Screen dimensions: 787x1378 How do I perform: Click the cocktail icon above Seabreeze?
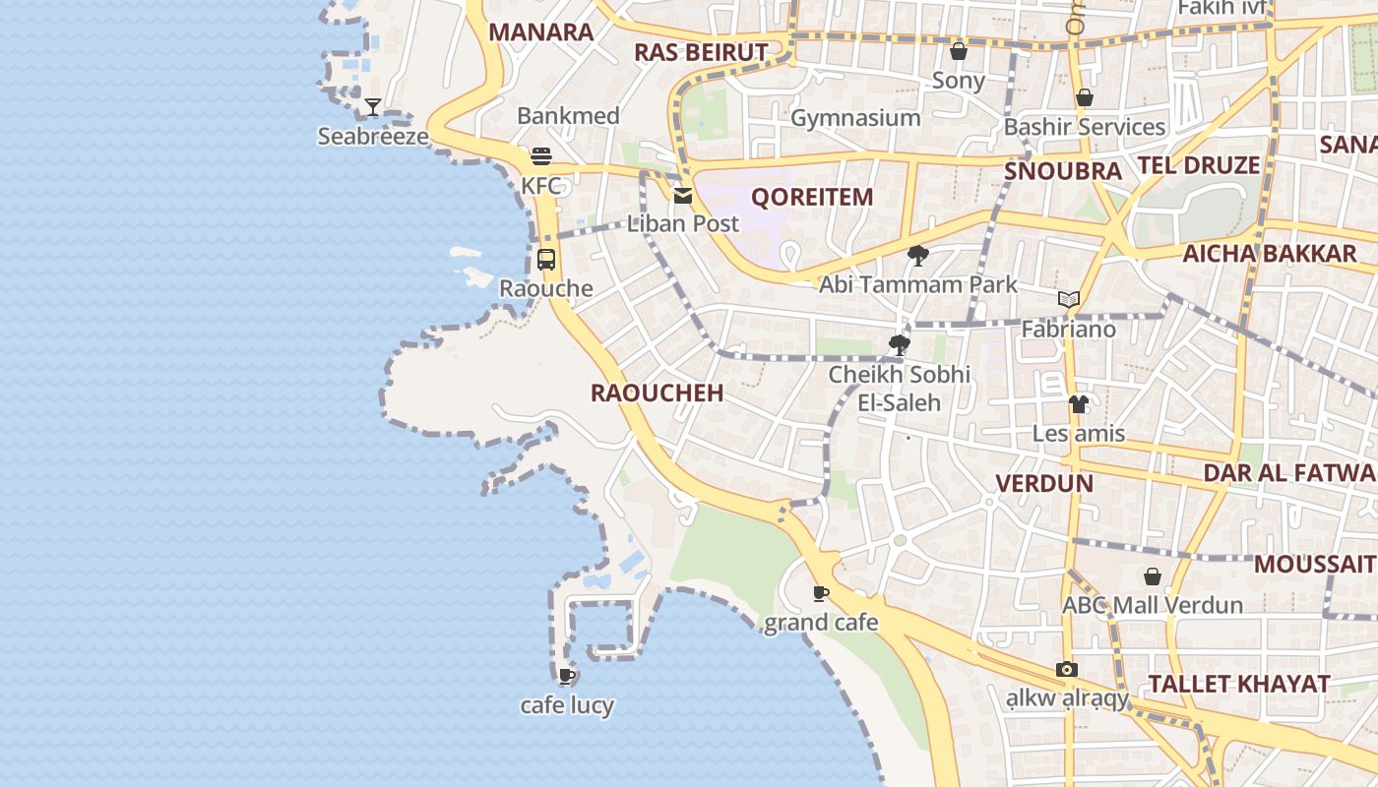click(373, 107)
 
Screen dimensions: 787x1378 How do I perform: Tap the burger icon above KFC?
click(540, 155)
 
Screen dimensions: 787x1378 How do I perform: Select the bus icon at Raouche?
click(546, 260)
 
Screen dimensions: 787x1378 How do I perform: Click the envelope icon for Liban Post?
click(683, 195)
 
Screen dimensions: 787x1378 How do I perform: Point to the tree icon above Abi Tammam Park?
click(918, 256)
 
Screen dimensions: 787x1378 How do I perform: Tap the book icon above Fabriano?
click(1069, 299)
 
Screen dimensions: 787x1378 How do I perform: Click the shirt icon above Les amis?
click(1079, 404)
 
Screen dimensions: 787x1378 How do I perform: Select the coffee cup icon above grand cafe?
click(821, 593)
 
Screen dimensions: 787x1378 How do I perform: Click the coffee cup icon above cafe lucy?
click(567, 676)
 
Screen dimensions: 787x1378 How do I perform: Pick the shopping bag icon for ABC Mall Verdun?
click(1153, 576)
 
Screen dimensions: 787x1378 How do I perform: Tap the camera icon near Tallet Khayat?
click(1067, 669)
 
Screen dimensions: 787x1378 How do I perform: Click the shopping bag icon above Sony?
click(958, 51)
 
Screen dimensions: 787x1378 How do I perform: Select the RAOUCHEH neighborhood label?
click(657, 393)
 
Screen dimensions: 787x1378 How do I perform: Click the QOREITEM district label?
click(812, 197)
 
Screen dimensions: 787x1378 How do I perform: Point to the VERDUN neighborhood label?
click(1044, 484)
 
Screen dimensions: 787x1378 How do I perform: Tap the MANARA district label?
click(541, 32)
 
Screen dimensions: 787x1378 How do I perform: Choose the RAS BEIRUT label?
click(701, 52)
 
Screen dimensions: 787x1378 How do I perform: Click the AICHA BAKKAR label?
click(1270, 254)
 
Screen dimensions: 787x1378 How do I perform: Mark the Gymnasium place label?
click(855, 118)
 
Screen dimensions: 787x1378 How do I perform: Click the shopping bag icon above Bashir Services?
click(1085, 97)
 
